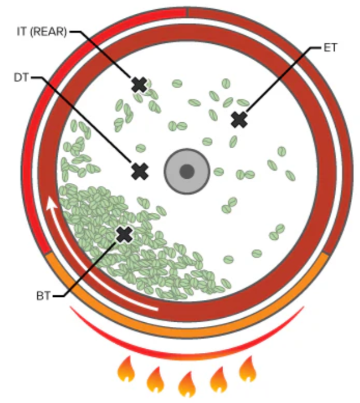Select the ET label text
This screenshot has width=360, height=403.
(331, 49)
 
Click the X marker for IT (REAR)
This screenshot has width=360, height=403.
(139, 85)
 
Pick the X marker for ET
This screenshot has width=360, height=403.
(239, 120)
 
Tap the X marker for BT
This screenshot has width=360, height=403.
(123, 234)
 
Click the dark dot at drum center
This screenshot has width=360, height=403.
(186, 171)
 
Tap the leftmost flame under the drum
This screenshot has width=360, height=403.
(126, 370)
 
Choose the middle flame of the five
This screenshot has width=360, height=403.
(187, 383)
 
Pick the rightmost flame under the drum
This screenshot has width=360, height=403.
(247, 369)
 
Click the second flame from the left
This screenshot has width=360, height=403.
(155, 379)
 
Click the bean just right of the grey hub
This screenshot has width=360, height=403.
(218, 171)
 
